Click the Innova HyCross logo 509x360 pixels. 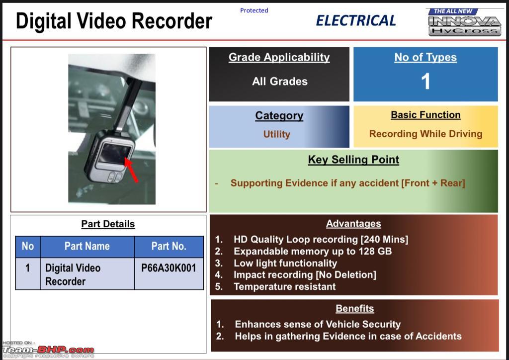click(465, 22)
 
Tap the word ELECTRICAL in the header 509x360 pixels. click(356, 21)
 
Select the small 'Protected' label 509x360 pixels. click(254, 10)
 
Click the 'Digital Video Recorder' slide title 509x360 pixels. click(114, 21)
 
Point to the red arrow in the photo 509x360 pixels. click(132, 170)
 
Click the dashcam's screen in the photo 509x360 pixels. click(114, 154)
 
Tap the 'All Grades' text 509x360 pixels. click(280, 81)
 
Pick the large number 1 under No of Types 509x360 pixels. click(425, 81)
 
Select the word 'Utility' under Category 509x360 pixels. click(276, 134)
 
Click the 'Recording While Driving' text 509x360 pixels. click(425, 134)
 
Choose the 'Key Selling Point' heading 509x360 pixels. click(353, 160)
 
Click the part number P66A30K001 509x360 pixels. click(169, 268)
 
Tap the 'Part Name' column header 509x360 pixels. click(87, 246)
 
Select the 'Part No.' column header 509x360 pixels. click(169, 246)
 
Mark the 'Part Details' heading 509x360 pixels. click(108, 224)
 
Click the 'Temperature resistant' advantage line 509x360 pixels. click(285, 286)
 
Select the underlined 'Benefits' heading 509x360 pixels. click(355, 308)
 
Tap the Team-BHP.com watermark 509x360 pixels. click(48, 350)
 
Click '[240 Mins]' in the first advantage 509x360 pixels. click(384, 240)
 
